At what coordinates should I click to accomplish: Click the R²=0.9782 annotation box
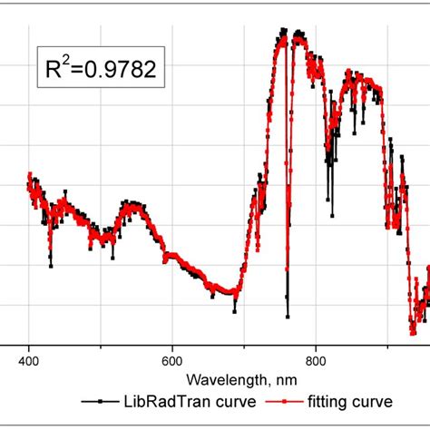click(101, 68)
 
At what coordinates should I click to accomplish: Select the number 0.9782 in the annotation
click(121, 69)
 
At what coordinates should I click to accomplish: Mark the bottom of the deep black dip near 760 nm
click(288, 317)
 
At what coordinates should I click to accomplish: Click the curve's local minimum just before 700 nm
click(234, 310)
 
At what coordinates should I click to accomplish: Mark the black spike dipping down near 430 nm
click(50, 265)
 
